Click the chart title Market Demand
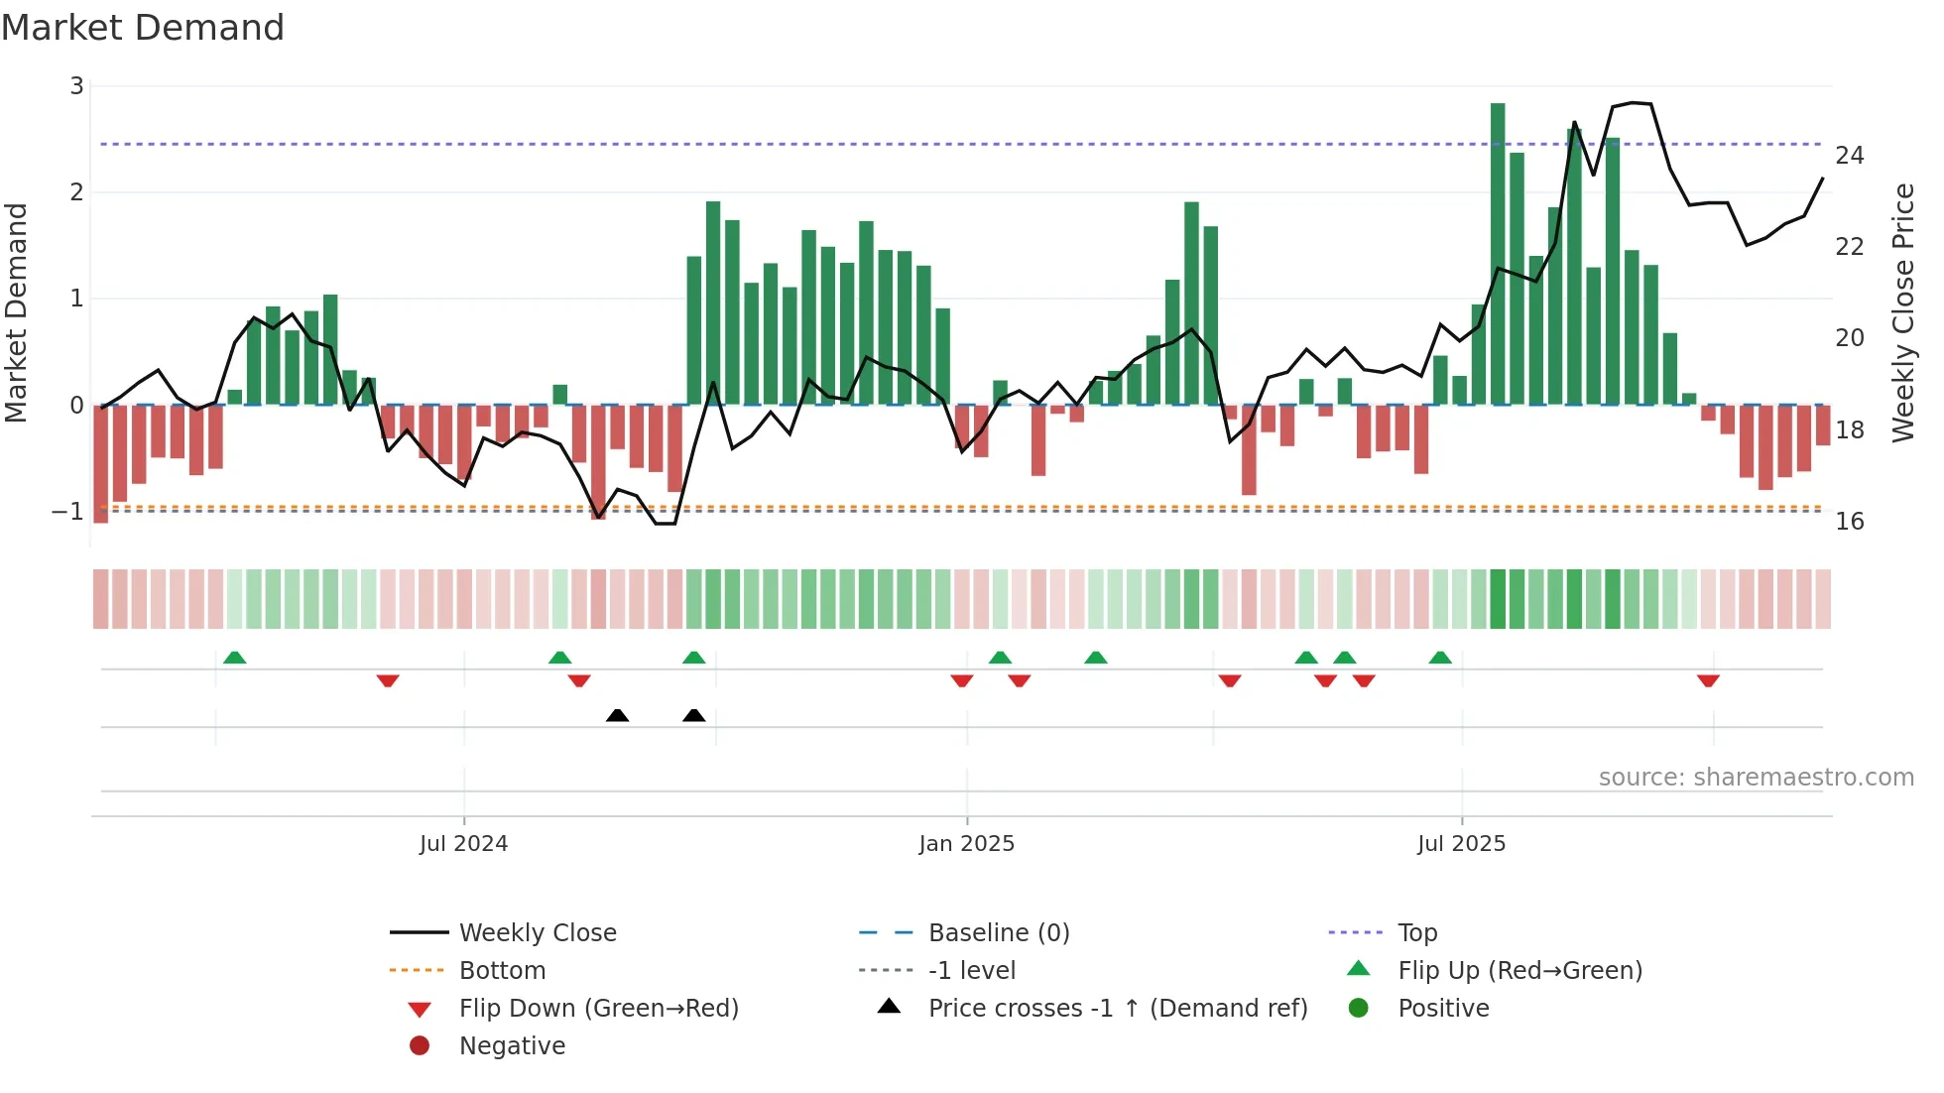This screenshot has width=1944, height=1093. [143, 28]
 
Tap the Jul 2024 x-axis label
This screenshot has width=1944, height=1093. [463, 844]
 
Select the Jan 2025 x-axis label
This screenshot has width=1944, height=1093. [966, 844]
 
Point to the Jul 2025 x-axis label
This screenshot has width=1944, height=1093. [1461, 844]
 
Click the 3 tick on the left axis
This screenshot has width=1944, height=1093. [76, 86]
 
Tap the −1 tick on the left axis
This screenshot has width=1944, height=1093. [68, 512]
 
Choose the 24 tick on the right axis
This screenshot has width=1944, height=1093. [1849, 156]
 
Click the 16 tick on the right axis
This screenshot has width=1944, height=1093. [1849, 522]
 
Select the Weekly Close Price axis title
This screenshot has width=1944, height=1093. [1902, 312]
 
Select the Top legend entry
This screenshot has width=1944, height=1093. [1416, 933]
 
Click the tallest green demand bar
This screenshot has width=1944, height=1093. [1498, 253]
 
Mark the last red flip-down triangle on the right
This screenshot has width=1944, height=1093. [1708, 680]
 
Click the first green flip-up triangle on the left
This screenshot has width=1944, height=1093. [234, 658]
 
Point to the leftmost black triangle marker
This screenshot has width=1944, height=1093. [617, 715]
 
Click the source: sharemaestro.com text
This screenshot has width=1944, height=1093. [1756, 778]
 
